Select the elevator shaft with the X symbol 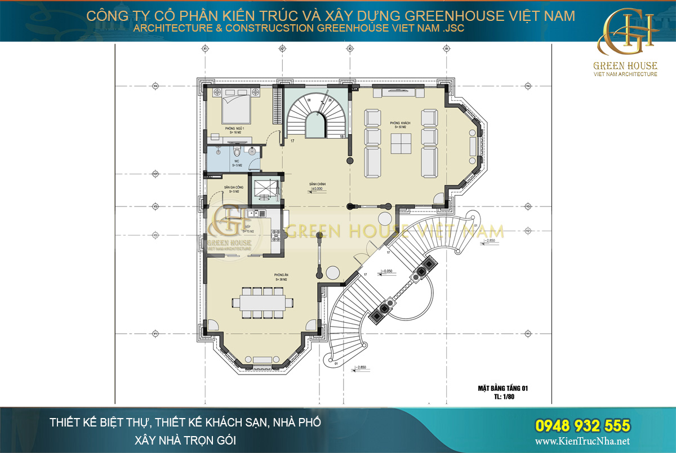(263, 189)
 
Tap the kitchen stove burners (276, 238)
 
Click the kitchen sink (252, 213)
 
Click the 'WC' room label (237, 161)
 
